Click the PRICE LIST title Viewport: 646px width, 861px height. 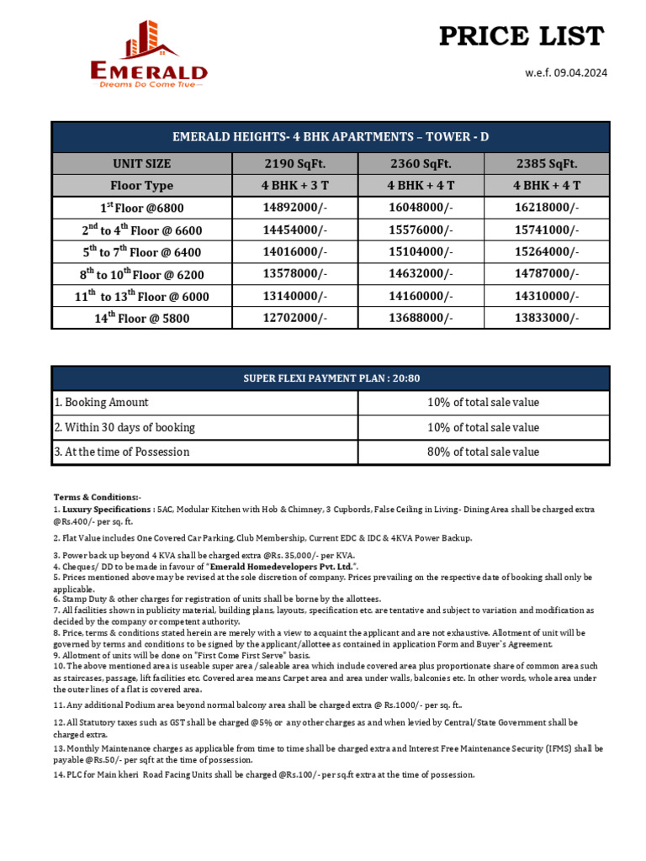(522, 36)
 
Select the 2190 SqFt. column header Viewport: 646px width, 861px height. (296, 163)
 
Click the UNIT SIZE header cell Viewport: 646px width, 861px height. (141, 163)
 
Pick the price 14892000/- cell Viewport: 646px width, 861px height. (296, 208)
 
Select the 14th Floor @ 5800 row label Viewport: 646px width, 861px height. (141, 318)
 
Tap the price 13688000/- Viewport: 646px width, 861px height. (420, 318)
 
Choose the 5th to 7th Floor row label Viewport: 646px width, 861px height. (141, 251)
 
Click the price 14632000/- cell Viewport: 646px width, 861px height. (420, 274)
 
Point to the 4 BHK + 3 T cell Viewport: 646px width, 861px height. (296, 185)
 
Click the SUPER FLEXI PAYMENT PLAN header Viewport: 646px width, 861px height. (330, 378)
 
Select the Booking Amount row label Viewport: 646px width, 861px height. (101, 403)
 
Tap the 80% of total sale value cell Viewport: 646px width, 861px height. (483, 452)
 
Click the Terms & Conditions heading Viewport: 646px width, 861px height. (98, 497)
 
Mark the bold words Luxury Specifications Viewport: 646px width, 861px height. (106, 509)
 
